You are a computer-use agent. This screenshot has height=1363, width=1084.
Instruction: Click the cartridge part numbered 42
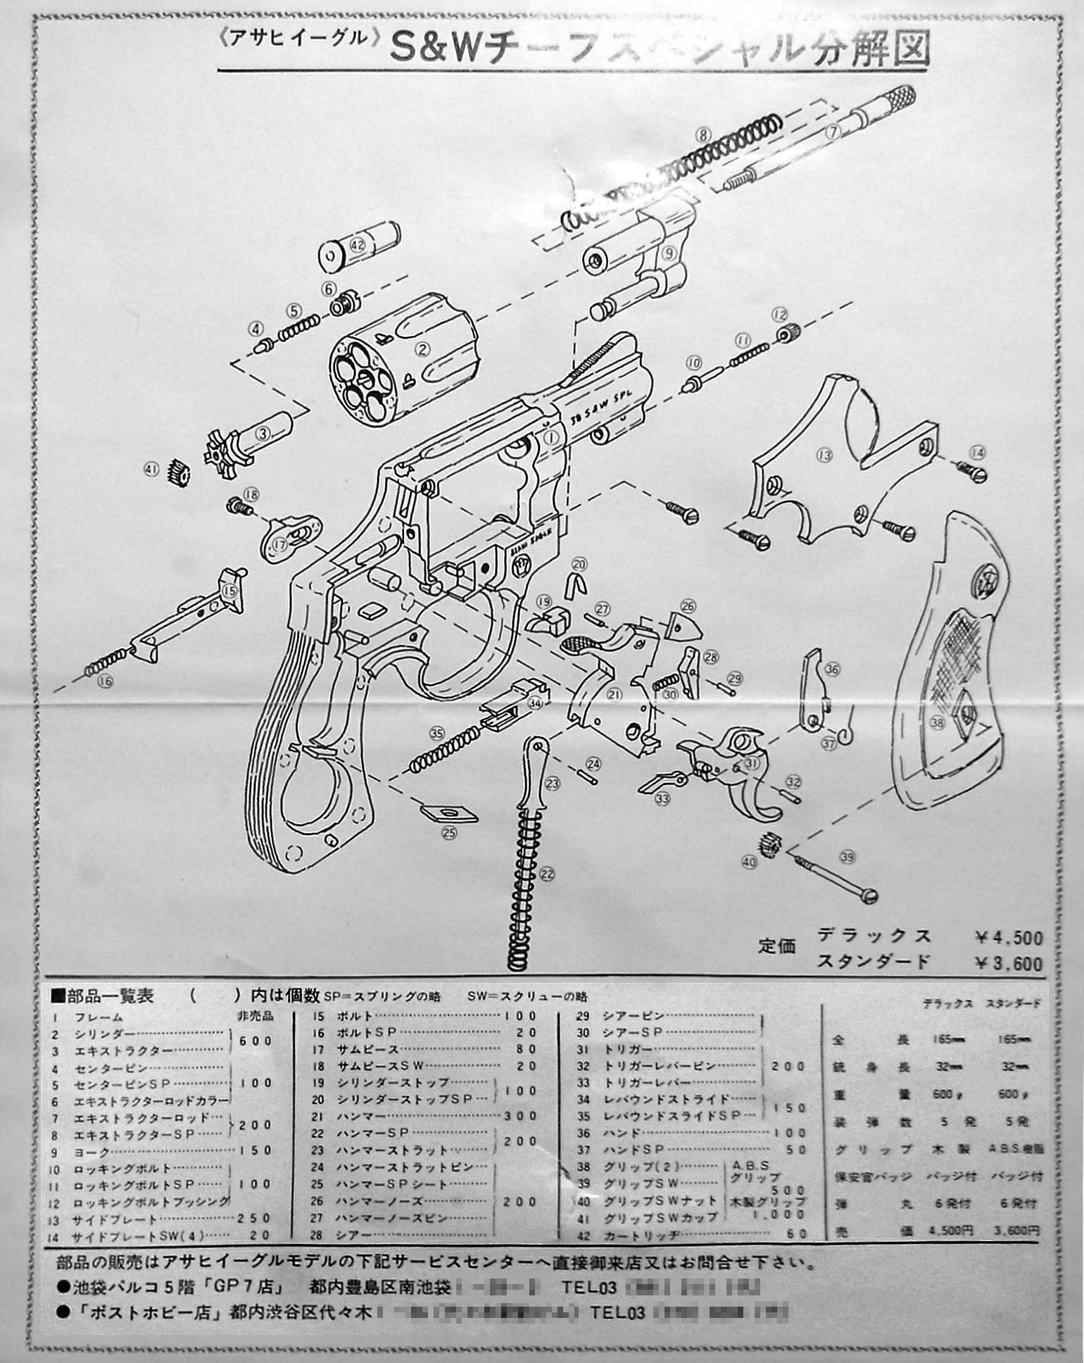(358, 244)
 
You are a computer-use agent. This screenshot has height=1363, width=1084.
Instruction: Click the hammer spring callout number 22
(547, 874)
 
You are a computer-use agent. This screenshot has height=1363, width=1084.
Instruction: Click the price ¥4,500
(1008, 937)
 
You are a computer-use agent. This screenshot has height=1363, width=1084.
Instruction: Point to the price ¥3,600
(1008, 962)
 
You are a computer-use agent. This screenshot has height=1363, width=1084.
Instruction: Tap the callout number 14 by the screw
(977, 453)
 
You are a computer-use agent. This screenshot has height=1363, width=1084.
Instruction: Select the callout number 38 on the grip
(935, 722)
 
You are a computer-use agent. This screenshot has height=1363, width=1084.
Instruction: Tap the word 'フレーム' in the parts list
(99, 1017)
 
